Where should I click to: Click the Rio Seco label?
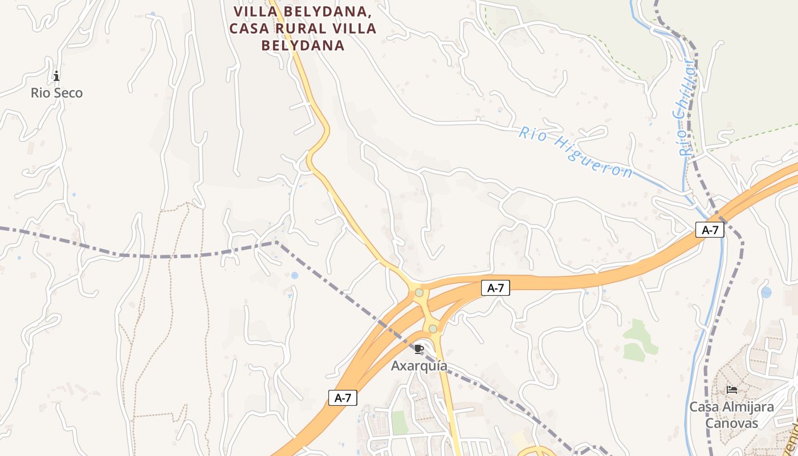click(x=56, y=93)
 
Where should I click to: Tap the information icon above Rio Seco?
click(x=56, y=76)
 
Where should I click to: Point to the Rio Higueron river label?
click(x=576, y=152)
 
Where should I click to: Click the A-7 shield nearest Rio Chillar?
click(x=710, y=230)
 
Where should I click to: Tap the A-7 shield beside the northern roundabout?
click(x=495, y=288)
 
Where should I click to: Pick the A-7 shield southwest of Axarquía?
click(x=343, y=398)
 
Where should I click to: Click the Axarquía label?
click(x=419, y=366)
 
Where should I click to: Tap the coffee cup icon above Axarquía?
click(x=419, y=349)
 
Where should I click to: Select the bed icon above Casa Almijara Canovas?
click(x=732, y=390)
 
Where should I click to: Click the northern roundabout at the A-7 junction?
click(x=420, y=292)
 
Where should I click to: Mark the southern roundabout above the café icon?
click(x=433, y=328)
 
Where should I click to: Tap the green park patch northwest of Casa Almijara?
click(x=638, y=341)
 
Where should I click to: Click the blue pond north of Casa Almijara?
click(x=766, y=292)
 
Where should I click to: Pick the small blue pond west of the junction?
click(x=294, y=275)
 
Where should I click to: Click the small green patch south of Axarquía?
click(x=400, y=422)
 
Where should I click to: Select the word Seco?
click(x=69, y=93)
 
